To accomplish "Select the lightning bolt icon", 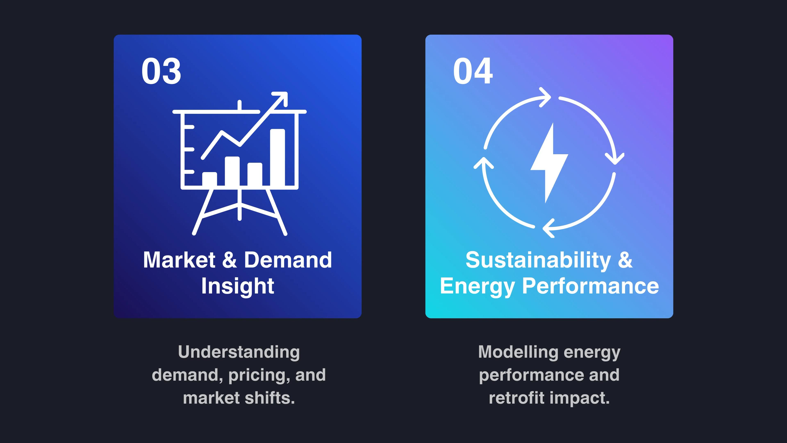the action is pyautogui.click(x=549, y=163).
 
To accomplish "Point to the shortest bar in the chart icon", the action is pyautogui.click(x=210, y=179).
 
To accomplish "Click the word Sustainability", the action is pyautogui.click(x=538, y=260).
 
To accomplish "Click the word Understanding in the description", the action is pyautogui.click(x=239, y=352).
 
